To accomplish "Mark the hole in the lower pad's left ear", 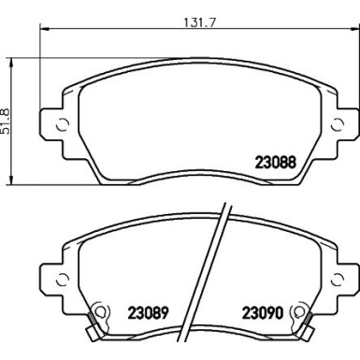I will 62,276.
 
